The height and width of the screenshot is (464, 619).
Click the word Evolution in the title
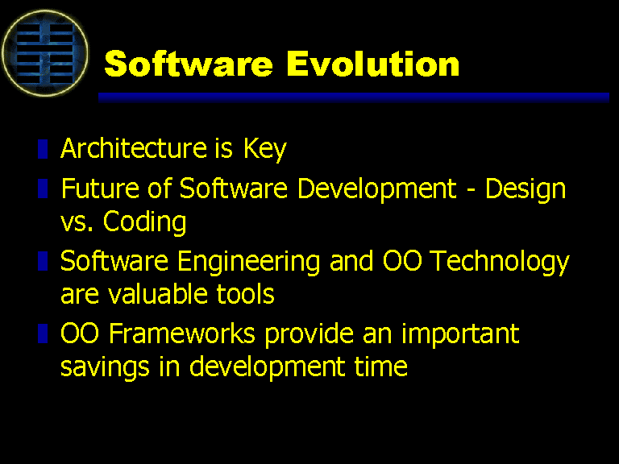[372, 64]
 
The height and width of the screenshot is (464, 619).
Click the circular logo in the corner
[44, 53]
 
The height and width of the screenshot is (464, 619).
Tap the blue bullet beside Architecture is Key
[43, 149]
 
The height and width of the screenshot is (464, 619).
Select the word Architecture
[134, 148]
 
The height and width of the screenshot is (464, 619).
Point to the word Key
[264, 150]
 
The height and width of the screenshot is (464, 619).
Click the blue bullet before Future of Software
[43, 188]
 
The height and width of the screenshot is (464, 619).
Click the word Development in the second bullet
[377, 189]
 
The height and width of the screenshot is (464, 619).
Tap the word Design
[526, 189]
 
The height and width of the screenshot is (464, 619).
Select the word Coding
[144, 222]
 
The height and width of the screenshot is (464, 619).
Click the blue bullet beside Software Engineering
[43, 261]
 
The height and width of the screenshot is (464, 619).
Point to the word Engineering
[249, 262]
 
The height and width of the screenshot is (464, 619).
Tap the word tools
[245, 294]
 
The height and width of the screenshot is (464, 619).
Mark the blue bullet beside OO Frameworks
[43, 333]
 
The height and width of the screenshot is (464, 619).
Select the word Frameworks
[182, 333]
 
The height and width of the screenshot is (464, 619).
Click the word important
[460, 334]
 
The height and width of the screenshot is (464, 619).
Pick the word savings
[105, 367]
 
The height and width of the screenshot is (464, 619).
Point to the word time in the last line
[380, 367]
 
